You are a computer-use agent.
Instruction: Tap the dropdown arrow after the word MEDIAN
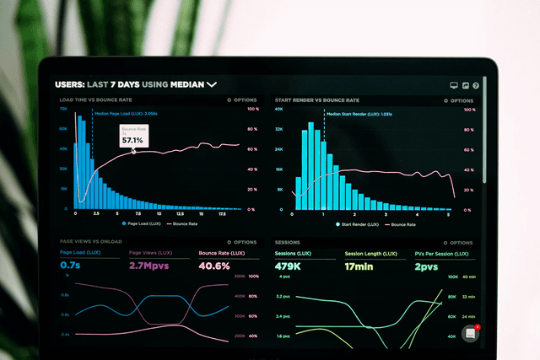coord(212,84)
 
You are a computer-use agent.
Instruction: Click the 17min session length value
coord(359,266)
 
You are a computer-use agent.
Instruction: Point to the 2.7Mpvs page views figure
coord(148,266)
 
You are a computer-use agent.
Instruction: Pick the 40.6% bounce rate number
coord(214,266)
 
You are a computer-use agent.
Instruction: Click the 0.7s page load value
coord(70,266)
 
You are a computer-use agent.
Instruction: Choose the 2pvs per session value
coord(425,266)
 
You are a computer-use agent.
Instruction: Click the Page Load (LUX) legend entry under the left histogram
coord(141,224)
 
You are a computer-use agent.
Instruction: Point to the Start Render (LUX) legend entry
coord(358,224)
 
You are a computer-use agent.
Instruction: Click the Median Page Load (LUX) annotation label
coord(126,113)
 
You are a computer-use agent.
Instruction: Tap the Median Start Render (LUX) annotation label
coord(358,113)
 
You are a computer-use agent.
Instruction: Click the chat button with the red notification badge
coord(471,333)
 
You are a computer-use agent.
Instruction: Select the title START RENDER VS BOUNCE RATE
coord(311,100)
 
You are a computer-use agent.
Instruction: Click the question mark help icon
coord(476,85)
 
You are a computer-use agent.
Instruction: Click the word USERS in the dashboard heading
coord(69,84)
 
